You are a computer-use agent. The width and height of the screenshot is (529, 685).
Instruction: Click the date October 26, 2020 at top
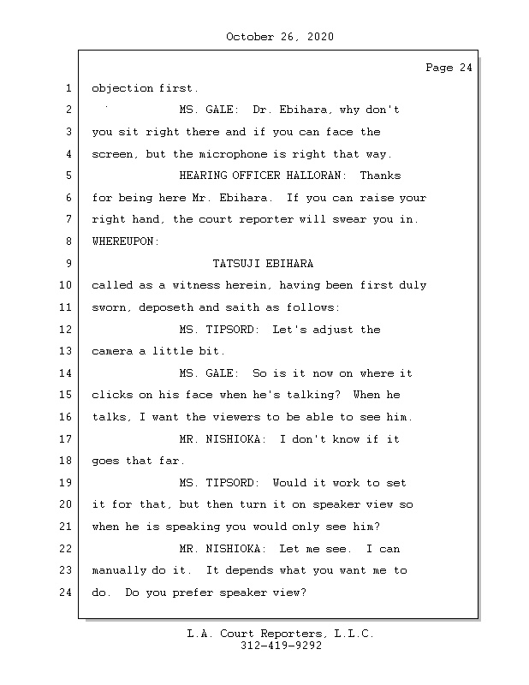pos(280,37)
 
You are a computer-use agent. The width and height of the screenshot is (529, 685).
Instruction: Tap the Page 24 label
pos(449,68)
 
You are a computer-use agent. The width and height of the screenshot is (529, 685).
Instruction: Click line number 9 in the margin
pos(68,264)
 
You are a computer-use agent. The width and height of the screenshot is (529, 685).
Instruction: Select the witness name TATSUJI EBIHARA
pos(263,264)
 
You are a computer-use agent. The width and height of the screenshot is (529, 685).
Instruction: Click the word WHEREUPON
pos(125,241)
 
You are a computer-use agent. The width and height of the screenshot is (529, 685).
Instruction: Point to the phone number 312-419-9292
pos(281,646)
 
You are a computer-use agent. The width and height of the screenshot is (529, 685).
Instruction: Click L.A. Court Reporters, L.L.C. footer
pos(280,634)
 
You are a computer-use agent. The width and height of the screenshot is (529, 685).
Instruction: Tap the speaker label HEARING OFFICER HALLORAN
pos(263,176)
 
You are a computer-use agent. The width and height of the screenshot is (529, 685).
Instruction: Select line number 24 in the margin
pos(66,592)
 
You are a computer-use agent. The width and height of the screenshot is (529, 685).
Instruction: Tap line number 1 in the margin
pos(68,88)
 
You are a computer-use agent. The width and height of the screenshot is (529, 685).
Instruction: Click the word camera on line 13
pos(111,351)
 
